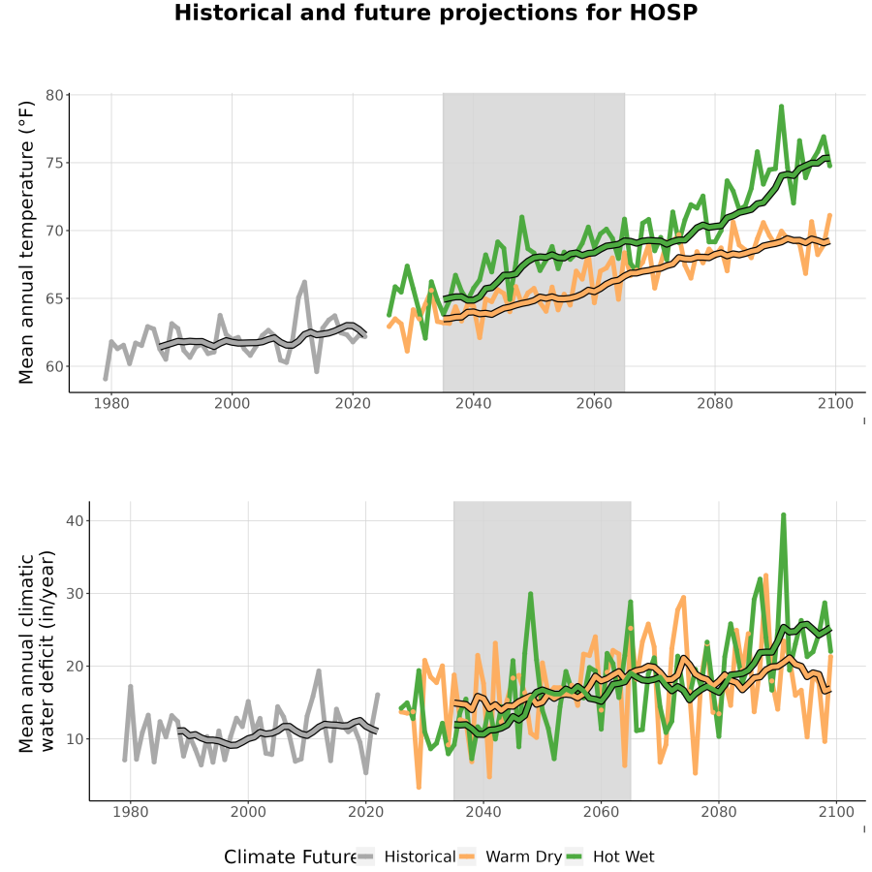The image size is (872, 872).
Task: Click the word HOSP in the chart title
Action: click(x=663, y=13)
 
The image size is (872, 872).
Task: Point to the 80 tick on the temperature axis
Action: click(x=54, y=96)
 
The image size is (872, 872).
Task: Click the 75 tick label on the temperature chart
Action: click(x=54, y=163)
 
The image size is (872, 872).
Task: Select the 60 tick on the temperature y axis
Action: click(x=54, y=366)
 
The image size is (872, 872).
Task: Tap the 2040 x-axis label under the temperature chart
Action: click(x=473, y=403)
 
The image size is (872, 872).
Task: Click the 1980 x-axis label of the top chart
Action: click(x=111, y=403)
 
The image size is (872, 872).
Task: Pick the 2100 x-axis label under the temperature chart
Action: click(x=835, y=403)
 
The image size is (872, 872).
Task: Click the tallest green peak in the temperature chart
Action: click(x=781, y=106)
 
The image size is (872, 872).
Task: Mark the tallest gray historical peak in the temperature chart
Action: click(x=304, y=283)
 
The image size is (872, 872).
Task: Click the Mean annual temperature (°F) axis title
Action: click(x=25, y=242)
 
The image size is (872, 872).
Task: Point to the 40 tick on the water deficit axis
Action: click(x=75, y=521)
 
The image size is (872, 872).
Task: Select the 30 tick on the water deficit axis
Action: click(x=75, y=594)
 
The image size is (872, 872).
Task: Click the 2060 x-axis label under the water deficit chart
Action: click(x=601, y=812)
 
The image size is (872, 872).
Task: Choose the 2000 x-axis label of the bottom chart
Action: click(x=248, y=812)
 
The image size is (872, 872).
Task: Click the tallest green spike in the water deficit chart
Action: click(x=784, y=515)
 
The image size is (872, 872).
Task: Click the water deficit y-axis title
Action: click(x=37, y=651)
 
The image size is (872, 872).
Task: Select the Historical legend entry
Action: click(x=407, y=857)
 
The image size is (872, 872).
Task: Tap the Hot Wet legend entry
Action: click(x=610, y=857)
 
